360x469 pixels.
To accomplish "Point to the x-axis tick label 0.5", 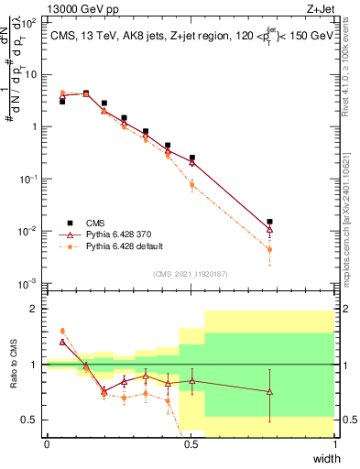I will click(x=191, y=444).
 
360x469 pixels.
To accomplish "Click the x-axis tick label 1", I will click(x=334, y=444).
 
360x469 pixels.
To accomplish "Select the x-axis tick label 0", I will click(x=47, y=444).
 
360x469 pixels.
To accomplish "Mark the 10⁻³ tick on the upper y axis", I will click(x=29, y=283).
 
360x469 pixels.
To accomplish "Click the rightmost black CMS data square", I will click(x=269, y=222).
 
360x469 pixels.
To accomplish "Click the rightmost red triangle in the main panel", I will click(x=269, y=229).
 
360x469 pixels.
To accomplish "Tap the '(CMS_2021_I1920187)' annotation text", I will click(x=191, y=273).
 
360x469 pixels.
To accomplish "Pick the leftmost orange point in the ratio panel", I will click(x=62, y=331).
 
